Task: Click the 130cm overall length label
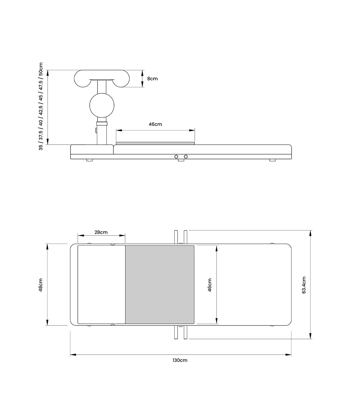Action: (180, 360)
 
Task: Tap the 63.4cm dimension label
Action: (304, 285)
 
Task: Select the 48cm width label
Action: (41, 285)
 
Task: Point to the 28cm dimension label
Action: (101, 232)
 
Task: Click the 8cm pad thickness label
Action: (152, 79)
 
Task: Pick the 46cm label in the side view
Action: (155, 124)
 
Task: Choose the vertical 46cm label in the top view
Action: (210, 285)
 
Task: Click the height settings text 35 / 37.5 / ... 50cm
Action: (41, 106)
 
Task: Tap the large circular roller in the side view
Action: (102, 105)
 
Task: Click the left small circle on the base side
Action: (176, 157)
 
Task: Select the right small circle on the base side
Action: (186, 157)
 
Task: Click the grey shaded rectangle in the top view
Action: (160, 284)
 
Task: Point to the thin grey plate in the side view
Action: (155, 143)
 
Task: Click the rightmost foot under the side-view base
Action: (272, 160)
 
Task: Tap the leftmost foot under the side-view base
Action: (89, 160)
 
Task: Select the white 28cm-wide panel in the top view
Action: (101, 284)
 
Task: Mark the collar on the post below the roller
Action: (102, 123)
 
